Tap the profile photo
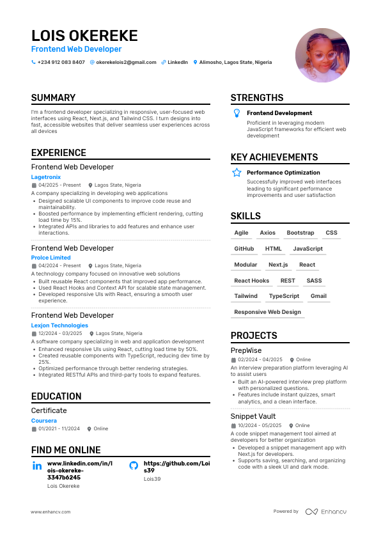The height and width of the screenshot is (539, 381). point(322,55)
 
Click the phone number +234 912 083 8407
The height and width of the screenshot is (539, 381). point(61,63)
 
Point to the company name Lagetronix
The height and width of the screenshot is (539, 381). point(46,176)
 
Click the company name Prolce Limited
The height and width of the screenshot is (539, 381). point(51,258)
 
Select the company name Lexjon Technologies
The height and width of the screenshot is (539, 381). point(59,325)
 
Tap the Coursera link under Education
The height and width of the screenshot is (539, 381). point(44,421)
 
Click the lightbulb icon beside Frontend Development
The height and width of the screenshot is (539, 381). point(237,113)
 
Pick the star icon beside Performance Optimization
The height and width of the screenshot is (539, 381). point(237,173)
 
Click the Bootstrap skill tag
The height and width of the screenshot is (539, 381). point(300,233)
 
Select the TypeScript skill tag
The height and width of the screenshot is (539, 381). point(284,297)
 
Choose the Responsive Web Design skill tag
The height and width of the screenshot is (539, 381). point(267,312)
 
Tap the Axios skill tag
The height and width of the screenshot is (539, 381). point(268,233)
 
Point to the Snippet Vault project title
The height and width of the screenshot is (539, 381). point(253,416)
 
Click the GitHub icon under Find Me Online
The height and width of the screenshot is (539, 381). point(134,466)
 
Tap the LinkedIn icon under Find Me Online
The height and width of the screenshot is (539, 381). point(37,466)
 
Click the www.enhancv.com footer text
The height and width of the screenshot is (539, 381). point(51,512)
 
